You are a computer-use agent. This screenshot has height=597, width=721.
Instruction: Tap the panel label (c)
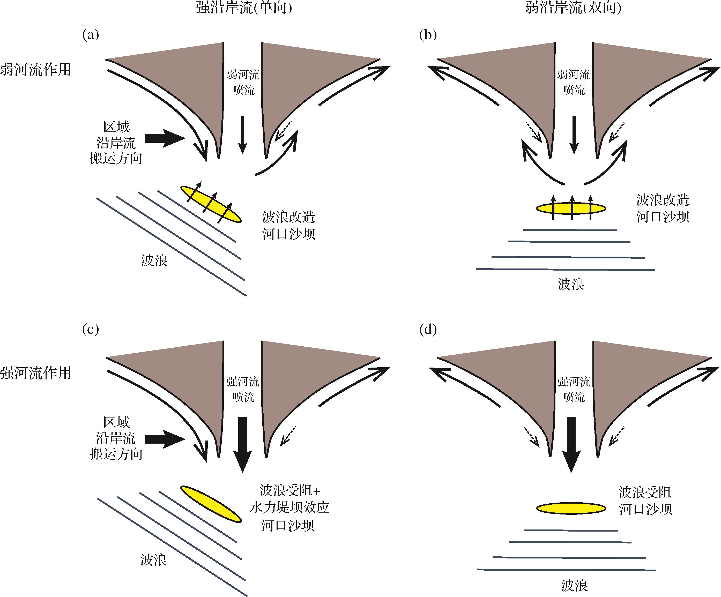91,330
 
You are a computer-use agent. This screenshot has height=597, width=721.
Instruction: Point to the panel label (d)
428,330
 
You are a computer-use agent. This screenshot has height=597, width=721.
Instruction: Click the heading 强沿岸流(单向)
244,8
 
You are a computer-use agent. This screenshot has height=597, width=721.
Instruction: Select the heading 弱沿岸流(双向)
573,8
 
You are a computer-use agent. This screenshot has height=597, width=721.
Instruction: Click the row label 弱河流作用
35,70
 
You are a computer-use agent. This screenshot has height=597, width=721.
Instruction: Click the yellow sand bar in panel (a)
211,205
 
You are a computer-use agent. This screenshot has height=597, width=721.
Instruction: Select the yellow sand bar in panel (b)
571,208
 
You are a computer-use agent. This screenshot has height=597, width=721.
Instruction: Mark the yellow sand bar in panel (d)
571,509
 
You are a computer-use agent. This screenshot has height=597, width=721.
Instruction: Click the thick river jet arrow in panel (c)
243,444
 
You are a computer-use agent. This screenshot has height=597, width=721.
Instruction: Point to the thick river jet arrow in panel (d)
571,444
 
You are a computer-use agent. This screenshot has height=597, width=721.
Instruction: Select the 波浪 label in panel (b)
571,284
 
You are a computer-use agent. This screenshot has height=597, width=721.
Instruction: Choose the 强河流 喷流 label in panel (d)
574,389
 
